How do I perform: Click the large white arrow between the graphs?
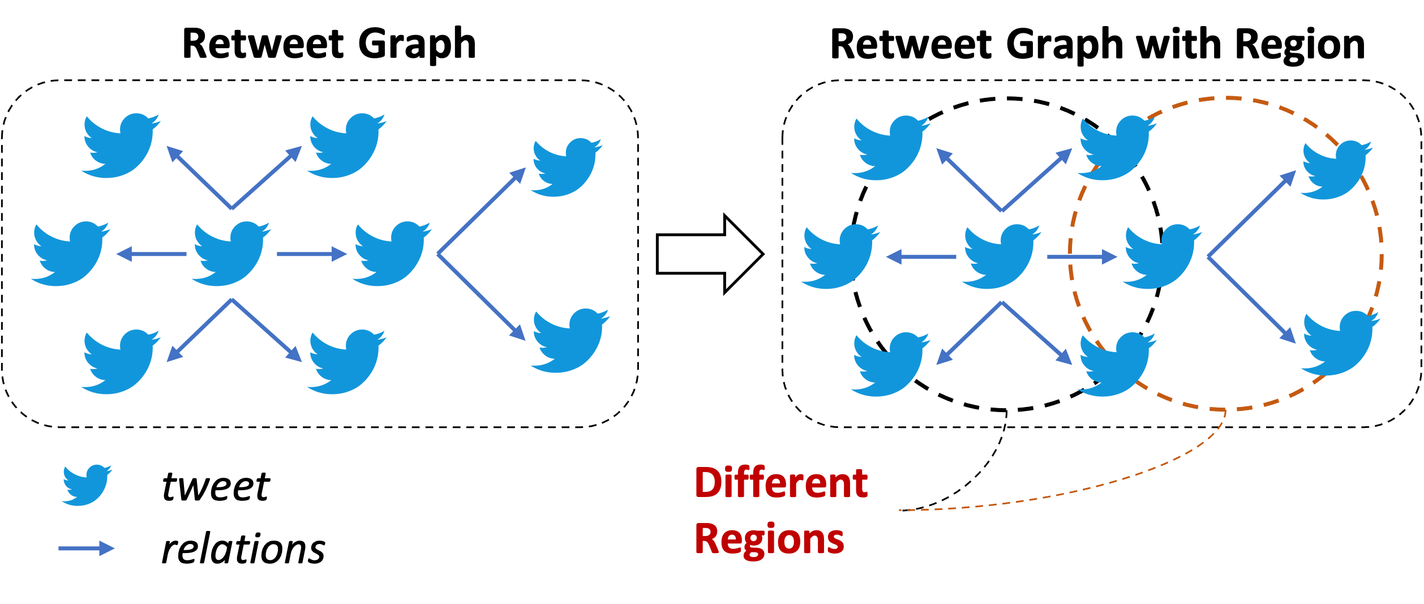[707, 255]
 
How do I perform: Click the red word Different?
[781, 483]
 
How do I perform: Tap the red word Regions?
[769, 539]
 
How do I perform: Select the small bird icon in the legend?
[86, 485]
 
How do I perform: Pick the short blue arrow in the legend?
[87, 548]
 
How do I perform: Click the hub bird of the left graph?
[229, 254]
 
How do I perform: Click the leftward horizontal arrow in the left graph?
[152, 254]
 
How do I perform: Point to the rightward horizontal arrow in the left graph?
[311, 254]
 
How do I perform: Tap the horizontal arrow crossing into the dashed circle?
[1082, 257]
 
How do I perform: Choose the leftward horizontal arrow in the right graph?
[921, 257]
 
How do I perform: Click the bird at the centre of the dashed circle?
[1160, 257]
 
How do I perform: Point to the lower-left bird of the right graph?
[889, 365]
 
